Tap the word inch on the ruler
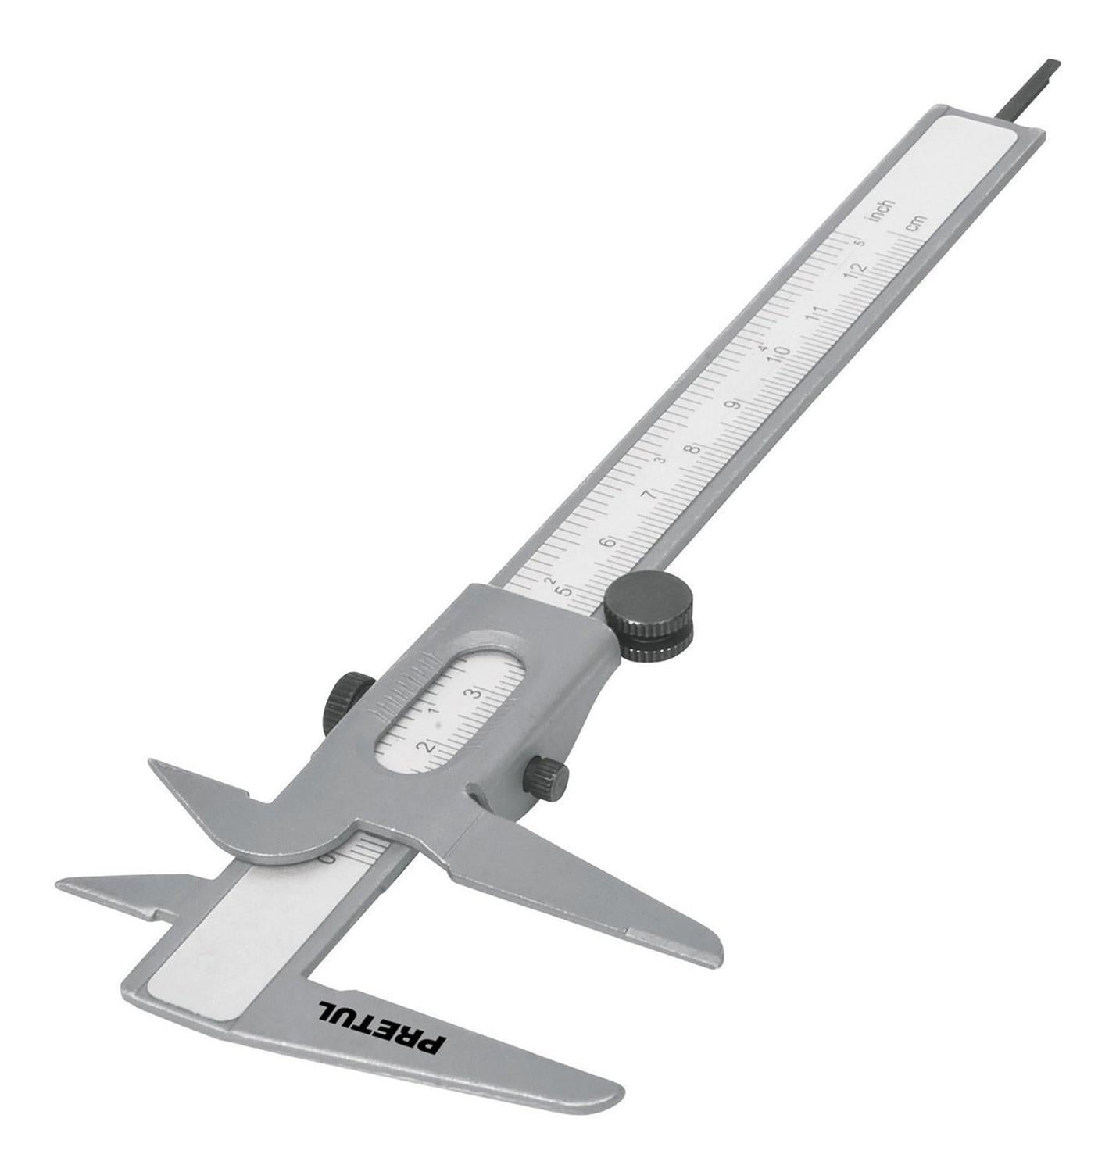click(882, 210)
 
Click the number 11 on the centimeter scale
click(817, 313)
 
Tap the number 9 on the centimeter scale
click(735, 405)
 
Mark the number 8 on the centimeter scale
click(693, 449)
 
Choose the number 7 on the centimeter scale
click(652, 495)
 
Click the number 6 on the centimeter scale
click(609, 543)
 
